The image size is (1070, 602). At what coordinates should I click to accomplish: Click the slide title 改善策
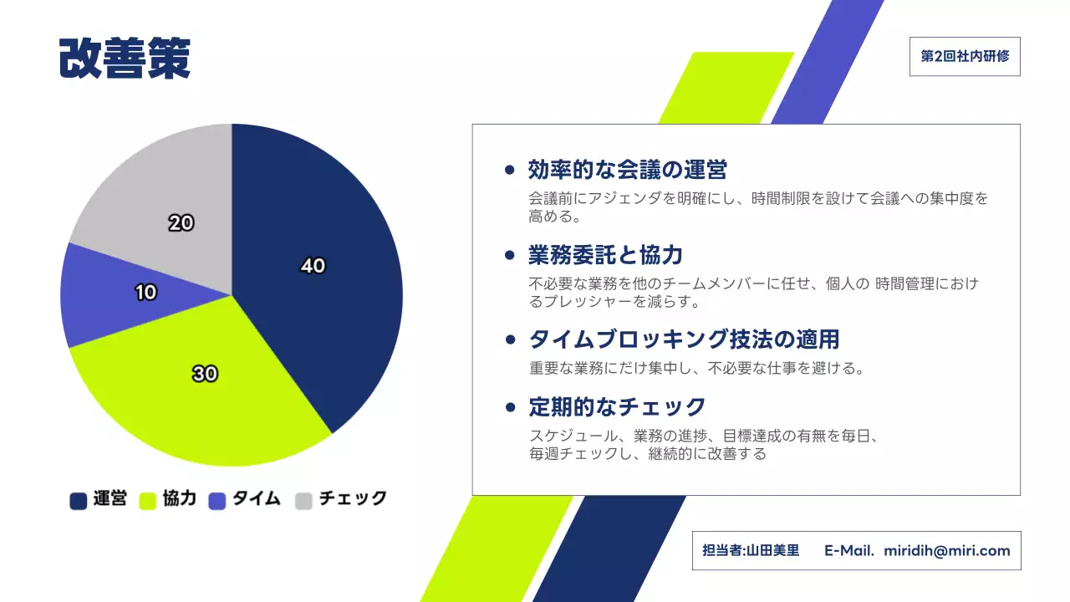pos(125,59)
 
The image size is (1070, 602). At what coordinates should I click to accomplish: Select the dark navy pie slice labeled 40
pos(334,318)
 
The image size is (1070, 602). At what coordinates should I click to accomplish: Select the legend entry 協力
pos(168,500)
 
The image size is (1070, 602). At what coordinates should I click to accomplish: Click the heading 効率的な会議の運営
pos(627,171)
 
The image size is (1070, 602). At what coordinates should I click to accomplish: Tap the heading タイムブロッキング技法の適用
pos(683,339)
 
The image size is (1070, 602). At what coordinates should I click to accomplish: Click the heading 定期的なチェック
pos(617,407)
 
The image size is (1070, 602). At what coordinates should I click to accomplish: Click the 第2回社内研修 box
pos(965,57)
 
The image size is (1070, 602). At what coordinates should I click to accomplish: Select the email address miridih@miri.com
pos(946,551)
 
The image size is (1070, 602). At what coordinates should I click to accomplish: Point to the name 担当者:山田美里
pos(751,551)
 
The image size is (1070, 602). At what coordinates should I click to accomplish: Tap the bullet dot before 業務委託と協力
pos(510,255)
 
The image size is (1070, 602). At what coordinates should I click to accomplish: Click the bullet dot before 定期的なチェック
pos(510,408)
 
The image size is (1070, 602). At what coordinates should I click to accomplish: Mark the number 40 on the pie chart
pos(313,266)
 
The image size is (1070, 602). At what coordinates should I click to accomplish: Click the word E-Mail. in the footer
pos(848,551)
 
